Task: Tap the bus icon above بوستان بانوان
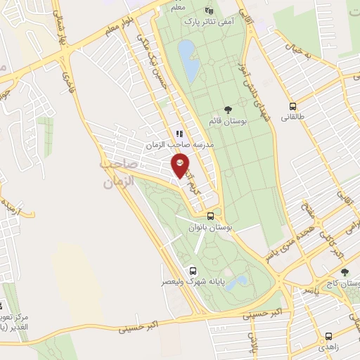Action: (x=210, y=217)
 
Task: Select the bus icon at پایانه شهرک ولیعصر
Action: (x=192, y=271)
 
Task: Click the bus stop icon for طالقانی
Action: (x=292, y=107)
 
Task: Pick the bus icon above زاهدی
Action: (x=328, y=335)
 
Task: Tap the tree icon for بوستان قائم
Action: (x=228, y=108)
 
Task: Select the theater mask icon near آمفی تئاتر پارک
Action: (x=208, y=11)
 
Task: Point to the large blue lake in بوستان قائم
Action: (x=188, y=61)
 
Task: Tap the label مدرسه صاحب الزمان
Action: (x=180, y=144)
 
